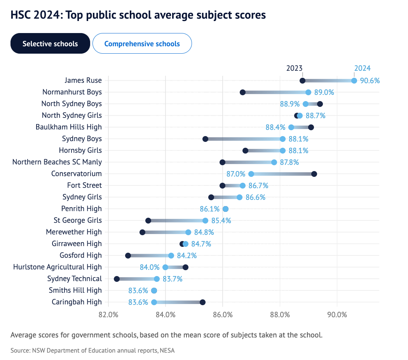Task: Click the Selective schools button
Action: (x=50, y=43)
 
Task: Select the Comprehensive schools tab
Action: (x=142, y=43)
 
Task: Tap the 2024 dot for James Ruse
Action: (x=354, y=80)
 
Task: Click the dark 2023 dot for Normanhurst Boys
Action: (x=242, y=92)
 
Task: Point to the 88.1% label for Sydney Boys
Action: (x=298, y=139)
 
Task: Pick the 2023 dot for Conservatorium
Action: (x=314, y=174)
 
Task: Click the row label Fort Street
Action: (x=84, y=185)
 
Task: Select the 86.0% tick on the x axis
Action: (x=223, y=315)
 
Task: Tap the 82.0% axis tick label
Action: (x=108, y=315)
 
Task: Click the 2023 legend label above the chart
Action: (x=294, y=68)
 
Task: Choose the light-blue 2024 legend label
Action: (x=362, y=68)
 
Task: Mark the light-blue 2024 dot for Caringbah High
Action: (x=154, y=302)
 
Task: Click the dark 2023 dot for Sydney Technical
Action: (x=117, y=279)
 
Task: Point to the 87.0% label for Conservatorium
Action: (x=236, y=174)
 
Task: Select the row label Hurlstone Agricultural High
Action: (x=58, y=267)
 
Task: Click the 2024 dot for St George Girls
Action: (x=205, y=220)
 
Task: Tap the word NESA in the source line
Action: (x=168, y=350)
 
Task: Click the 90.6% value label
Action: (x=370, y=80)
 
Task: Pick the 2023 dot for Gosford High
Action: (x=128, y=255)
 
